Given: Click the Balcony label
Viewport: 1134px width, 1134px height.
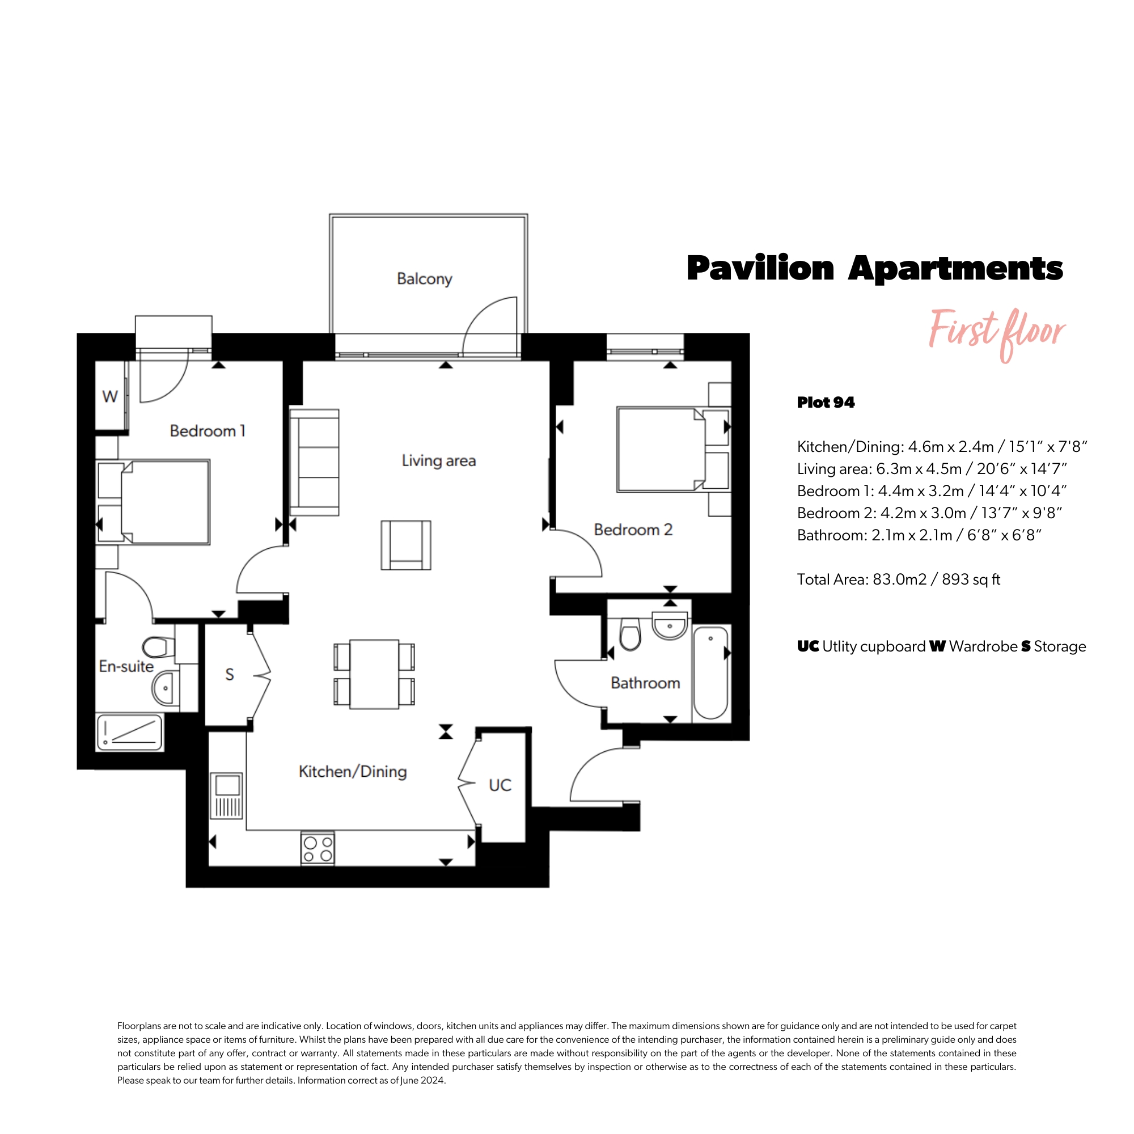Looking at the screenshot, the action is point(424,279).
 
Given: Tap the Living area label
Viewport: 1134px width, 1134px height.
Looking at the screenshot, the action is point(438,461).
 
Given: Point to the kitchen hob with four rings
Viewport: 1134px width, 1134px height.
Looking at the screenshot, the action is point(318,849).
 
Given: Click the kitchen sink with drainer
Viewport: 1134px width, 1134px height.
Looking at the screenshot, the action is point(227,796).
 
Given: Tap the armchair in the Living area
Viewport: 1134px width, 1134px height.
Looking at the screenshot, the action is point(405,545).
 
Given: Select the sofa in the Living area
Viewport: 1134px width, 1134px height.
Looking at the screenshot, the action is point(314,463).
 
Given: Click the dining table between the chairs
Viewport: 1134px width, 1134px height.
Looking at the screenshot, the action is point(374,674).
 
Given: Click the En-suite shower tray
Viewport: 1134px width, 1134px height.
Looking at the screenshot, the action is point(130,733).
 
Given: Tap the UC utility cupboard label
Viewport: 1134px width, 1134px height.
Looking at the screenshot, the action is point(500,785).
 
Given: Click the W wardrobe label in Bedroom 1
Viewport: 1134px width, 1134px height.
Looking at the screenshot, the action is point(110,397).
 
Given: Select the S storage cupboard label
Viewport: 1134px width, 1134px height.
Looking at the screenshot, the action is point(230,675).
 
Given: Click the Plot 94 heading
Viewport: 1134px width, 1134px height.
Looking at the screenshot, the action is point(826,403).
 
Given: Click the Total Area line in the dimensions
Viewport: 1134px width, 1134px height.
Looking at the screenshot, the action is point(899,579).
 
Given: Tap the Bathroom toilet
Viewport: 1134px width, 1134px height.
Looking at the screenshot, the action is point(631,634).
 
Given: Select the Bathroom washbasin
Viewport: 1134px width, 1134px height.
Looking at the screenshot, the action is point(670,627).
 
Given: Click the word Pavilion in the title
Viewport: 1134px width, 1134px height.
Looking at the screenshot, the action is point(760,269).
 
